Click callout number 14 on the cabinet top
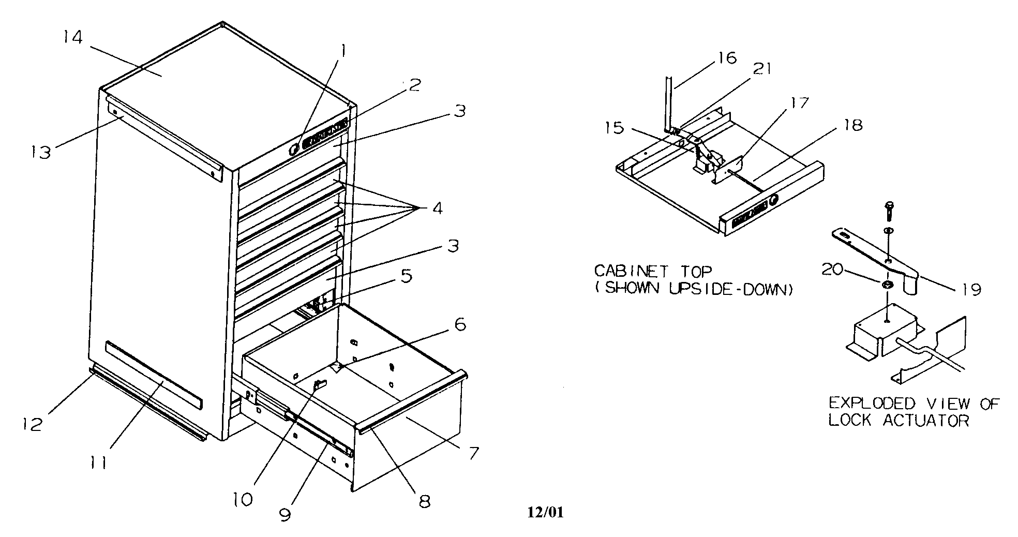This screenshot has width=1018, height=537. click(x=73, y=37)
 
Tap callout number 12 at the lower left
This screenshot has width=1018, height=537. click(x=32, y=424)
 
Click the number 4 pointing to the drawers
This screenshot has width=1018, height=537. click(x=437, y=208)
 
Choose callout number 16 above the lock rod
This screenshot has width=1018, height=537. click(x=727, y=58)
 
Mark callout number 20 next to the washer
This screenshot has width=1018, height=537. click(x=833, y=270)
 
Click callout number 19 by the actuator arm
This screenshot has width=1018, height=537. click(x=972, y=289)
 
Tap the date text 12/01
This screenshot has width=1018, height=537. click(x=545, y=513)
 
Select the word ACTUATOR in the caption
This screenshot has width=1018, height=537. click(x=925, y=421)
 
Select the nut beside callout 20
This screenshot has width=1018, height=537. click(x=888, y=285)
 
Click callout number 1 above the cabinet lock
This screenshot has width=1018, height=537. click(x=343, y=51)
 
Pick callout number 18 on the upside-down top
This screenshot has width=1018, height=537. click(x=852, y=125)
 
